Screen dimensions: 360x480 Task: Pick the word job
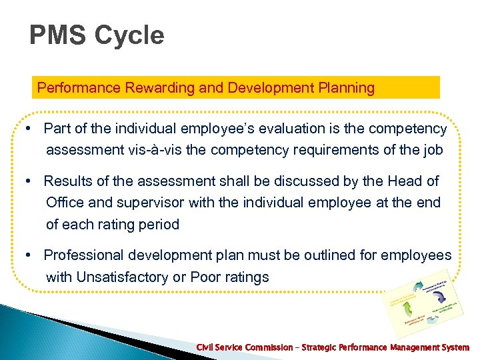pos(431,150)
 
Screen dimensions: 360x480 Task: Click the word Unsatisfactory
pos(109,277)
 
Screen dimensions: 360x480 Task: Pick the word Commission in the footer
pos(265,347)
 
